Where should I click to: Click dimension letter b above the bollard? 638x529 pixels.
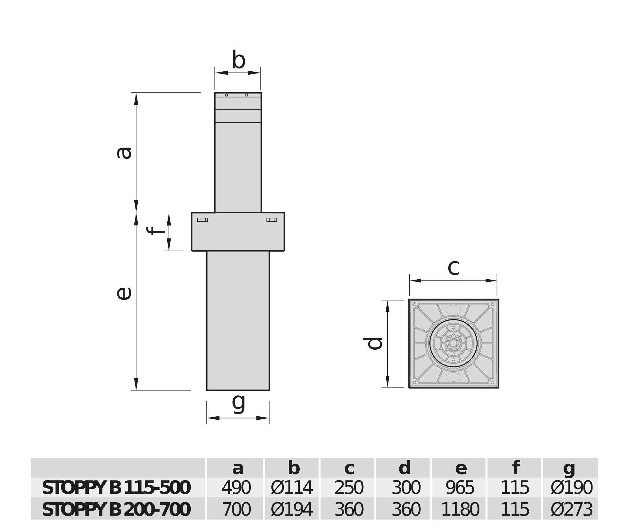click(239, 60)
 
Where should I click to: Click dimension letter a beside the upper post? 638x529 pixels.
click(124, 153)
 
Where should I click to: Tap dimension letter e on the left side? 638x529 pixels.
click(124, 294)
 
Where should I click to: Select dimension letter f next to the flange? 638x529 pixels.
click(155, 231)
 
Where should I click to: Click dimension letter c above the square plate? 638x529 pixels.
click(453, 267)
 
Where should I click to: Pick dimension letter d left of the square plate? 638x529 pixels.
click(373, 343)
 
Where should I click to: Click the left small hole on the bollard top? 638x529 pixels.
click(226, 95)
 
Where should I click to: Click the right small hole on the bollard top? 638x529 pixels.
click(247, 95)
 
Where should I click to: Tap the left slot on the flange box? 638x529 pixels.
click(202, 220)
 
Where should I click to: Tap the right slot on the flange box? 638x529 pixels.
click(272, 220)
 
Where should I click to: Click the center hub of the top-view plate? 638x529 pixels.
click(454, 343)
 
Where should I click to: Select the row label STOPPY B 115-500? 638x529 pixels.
click(116, 488)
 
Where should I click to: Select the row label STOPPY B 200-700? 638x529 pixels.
click(116, 510)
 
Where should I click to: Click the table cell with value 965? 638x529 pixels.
click(460, 488)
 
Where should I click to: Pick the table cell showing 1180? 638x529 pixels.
click(460, 510)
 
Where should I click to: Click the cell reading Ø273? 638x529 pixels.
click(571, 510)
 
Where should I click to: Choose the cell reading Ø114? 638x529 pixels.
click(292, 488)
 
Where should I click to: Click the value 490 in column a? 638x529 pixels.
click(236, 488)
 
